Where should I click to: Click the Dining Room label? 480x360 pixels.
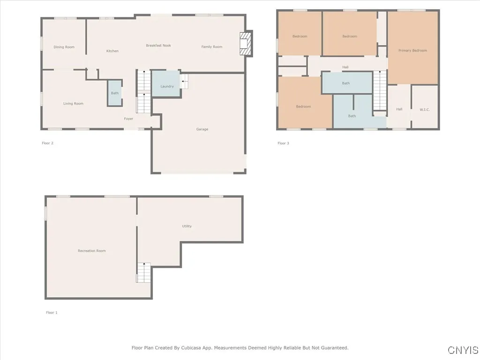coord(64,47)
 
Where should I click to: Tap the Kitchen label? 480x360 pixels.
coord(112,51)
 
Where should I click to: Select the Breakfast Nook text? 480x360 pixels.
coord(158,45)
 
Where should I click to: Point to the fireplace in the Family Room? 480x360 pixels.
coord(246,44)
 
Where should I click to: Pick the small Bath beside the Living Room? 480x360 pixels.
coord(115,93)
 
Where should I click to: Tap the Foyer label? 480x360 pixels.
coord(128,119)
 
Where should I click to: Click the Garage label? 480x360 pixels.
coord(202,129)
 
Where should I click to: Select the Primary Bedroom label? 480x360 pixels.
coord(412,51)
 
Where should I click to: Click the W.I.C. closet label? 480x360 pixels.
coord(425,110)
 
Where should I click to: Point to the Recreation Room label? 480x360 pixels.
coord(91,251)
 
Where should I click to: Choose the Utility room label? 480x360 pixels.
coord(187,226)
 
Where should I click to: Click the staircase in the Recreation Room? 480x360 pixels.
coord(143,272)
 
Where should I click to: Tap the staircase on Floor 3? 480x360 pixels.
coord(380,90)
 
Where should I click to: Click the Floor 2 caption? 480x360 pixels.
coord(47,143)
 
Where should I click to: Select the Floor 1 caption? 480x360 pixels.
coord(52,313)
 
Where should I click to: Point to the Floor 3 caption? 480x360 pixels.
coord(283,143)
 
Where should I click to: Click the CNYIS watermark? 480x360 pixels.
coord(463,350)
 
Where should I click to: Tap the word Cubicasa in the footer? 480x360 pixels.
coord(192,348)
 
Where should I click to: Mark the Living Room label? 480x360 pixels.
coord(73,104)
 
